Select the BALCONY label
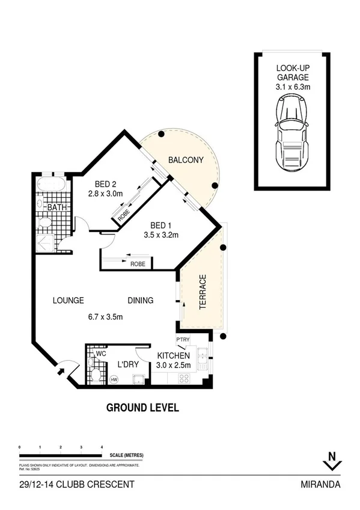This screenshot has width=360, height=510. (x=186, y=160)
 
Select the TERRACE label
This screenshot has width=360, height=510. (x=203, y=292)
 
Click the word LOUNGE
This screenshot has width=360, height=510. (x=68, y=301)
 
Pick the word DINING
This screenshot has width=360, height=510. (x=140, y=301)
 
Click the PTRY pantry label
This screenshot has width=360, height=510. (x=183, y=340)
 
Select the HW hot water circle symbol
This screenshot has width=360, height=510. (x=114, y=379)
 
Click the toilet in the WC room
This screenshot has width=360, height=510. (x=96, y=375)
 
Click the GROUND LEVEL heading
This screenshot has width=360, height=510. (x=142, y=407)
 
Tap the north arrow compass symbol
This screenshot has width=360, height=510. (x=332, y=461)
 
